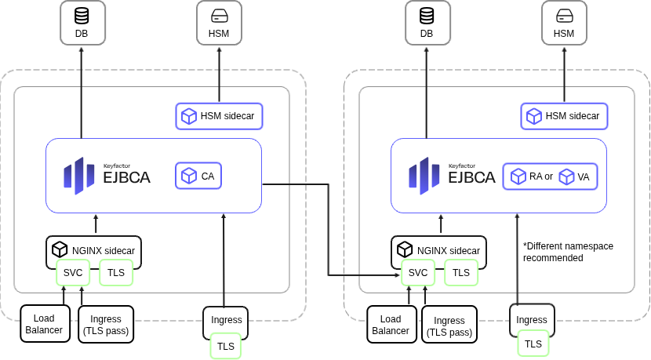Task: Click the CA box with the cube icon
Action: pos(198,176)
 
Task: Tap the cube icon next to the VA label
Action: pos(567,176)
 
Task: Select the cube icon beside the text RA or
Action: pos(518,176)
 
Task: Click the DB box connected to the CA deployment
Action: pos(82,23)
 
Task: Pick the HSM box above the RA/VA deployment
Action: pos(564,23)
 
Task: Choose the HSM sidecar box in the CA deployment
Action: pos(219,116)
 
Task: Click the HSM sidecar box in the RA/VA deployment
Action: pos(564,116)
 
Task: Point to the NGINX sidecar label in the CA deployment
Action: pos(104,250)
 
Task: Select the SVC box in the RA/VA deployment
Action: pos(418,273)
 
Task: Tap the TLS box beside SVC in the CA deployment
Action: pos(116,273)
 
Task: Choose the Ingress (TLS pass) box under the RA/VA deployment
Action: pos(449,325)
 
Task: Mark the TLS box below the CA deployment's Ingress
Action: pos(225,346)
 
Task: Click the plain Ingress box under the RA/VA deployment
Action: pos(532,319)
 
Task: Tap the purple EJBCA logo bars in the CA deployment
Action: pos(79,176)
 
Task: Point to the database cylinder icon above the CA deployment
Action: pos(82,15)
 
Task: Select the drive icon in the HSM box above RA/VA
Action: pos(564,15)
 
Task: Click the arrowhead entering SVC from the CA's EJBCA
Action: pos(398,275)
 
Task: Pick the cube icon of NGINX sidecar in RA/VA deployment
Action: pos(405,249)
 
